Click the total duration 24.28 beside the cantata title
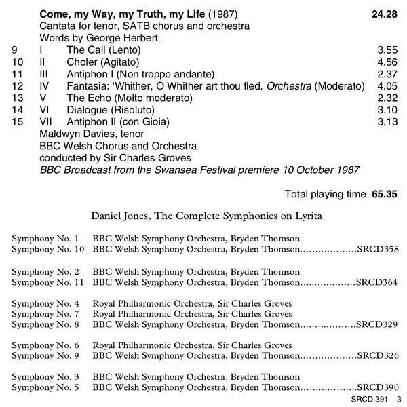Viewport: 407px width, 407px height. (x=383, y=13)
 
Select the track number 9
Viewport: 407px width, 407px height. (x=16, y=50)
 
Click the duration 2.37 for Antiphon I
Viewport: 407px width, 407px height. (x=385, y=74)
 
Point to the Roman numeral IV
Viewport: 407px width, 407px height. (x=45, y=86)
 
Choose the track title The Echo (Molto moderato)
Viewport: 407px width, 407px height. (x=125, y=98)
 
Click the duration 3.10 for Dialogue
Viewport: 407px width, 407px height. (x=385, y=110)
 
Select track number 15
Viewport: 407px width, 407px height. (x=18, y=121)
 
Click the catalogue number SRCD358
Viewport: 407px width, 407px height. (x=377, y=250)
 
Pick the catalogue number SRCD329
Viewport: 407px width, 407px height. (x=377, y=325)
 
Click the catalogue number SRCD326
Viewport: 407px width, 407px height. (x=377, y=356)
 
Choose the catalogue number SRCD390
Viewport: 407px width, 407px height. (x=377, y=388)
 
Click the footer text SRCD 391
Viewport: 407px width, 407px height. (x=368, y=400)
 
